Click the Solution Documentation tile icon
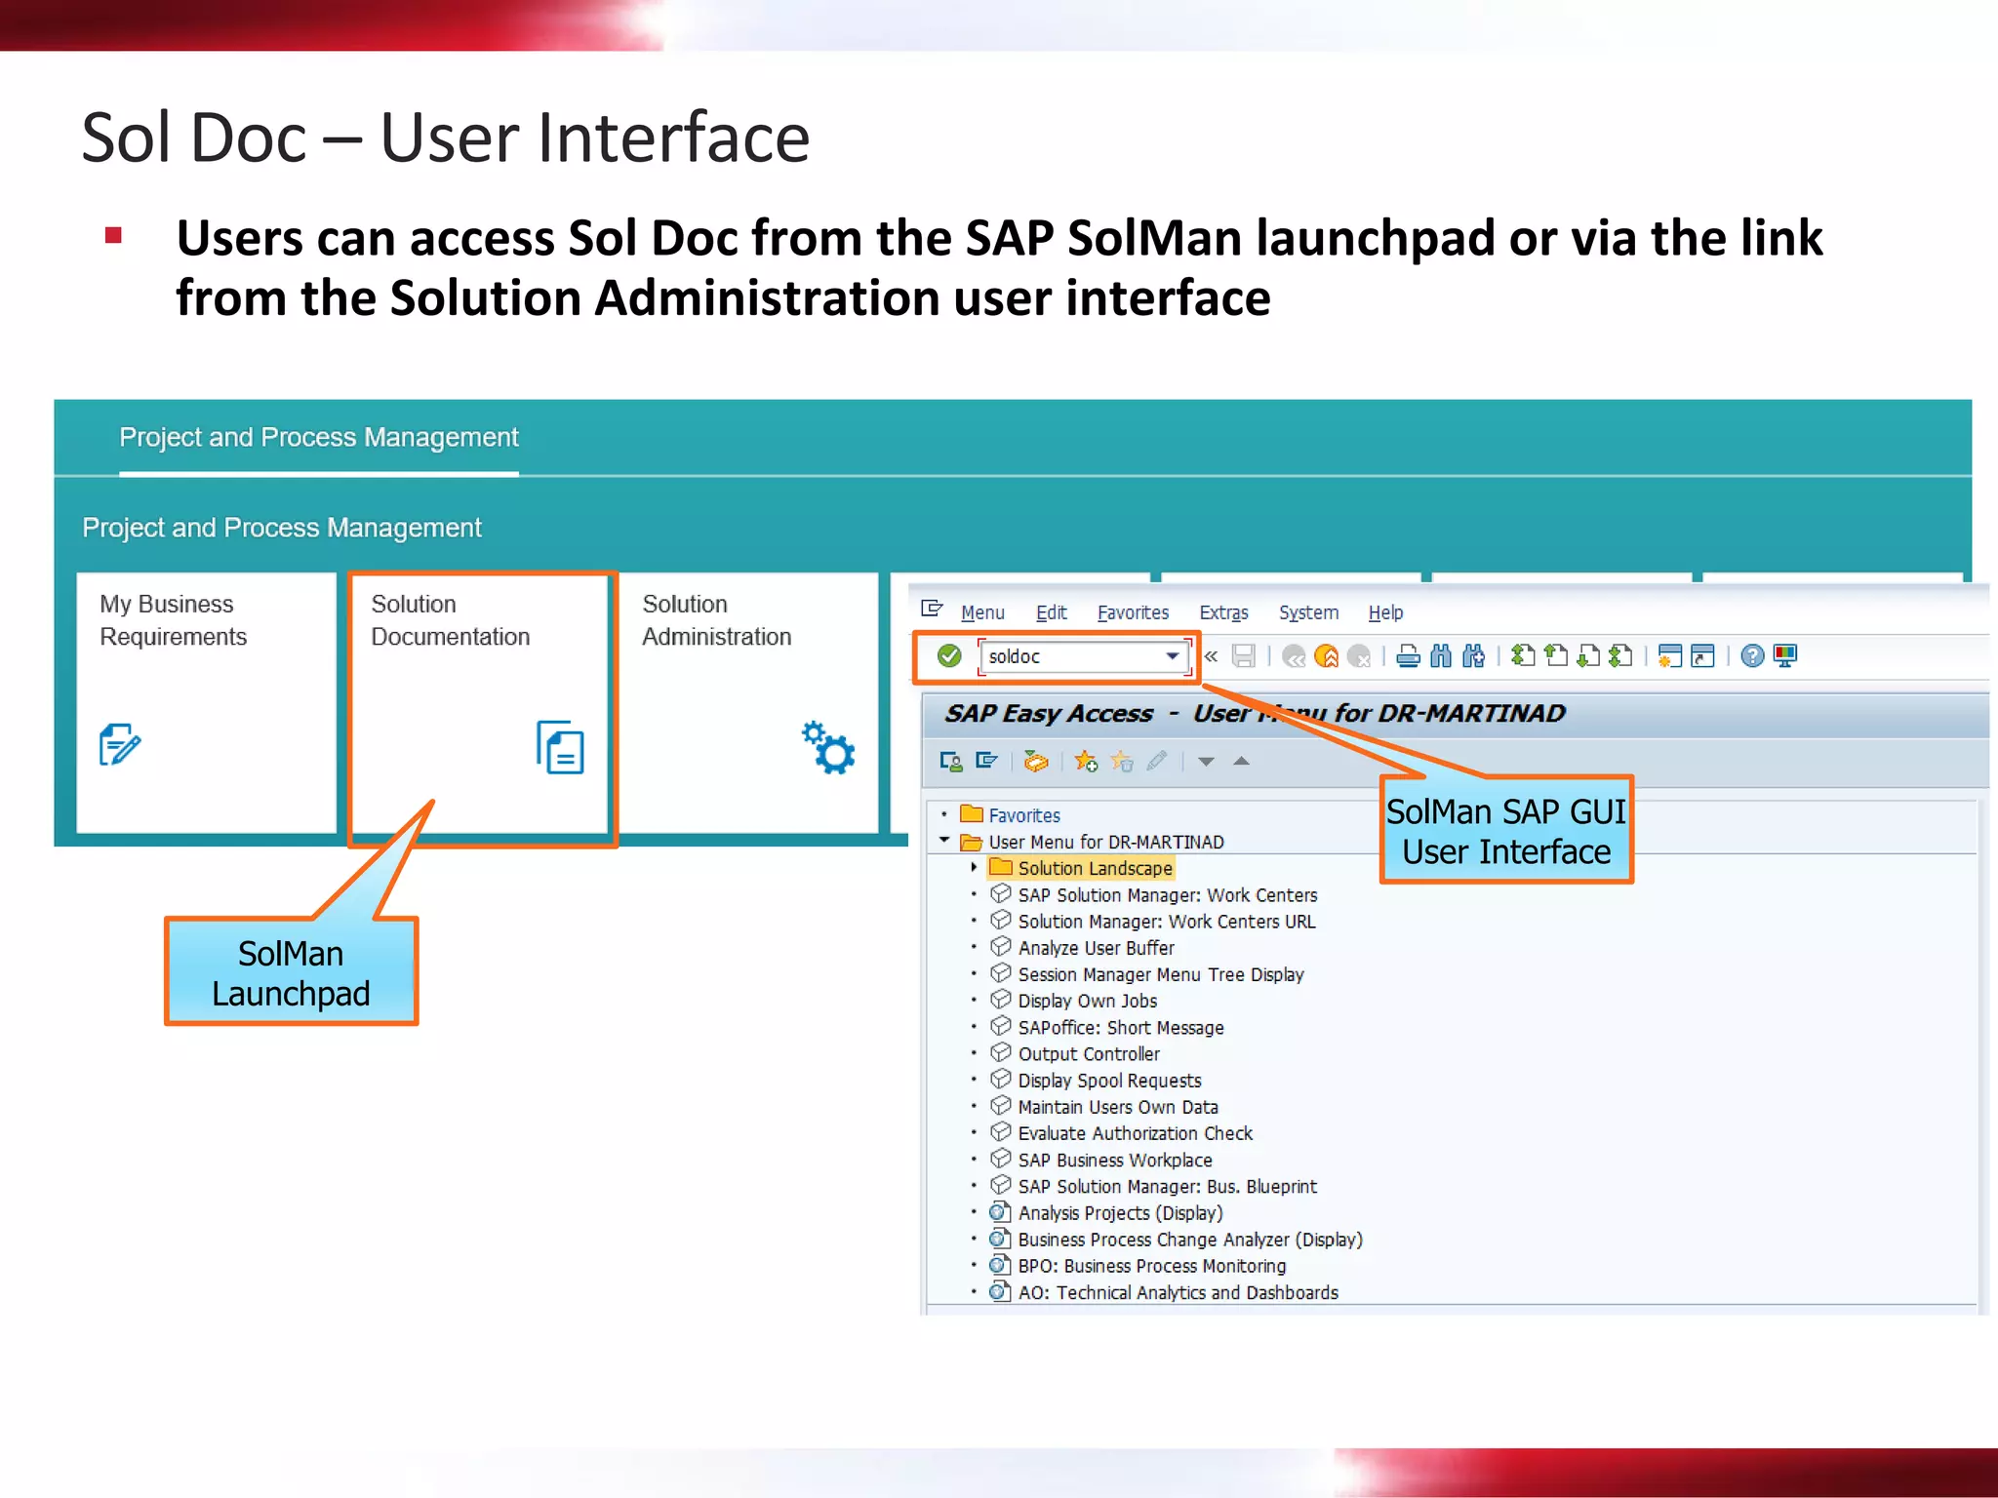point(560,748)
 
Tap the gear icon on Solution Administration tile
point(828,748)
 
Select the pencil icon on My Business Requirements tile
point(120,745)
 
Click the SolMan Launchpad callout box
point(291,972)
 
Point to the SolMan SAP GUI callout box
point(1505,831)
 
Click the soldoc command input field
point(1073,656)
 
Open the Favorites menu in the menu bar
point(1132,612)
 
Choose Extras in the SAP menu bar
point(1223,612)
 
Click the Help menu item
point(1384,612)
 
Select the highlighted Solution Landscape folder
point(1094,868)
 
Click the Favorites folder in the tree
point(1023,815)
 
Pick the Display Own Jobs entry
point(1087,1001)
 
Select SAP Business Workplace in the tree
point(1114,1160)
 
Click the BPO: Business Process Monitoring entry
point(1151,1266)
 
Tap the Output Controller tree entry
point(1089,1054)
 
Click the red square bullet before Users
point(113,235)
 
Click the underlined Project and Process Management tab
point(318,438)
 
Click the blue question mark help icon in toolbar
point(1752,656)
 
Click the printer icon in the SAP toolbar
point(1408,656)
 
